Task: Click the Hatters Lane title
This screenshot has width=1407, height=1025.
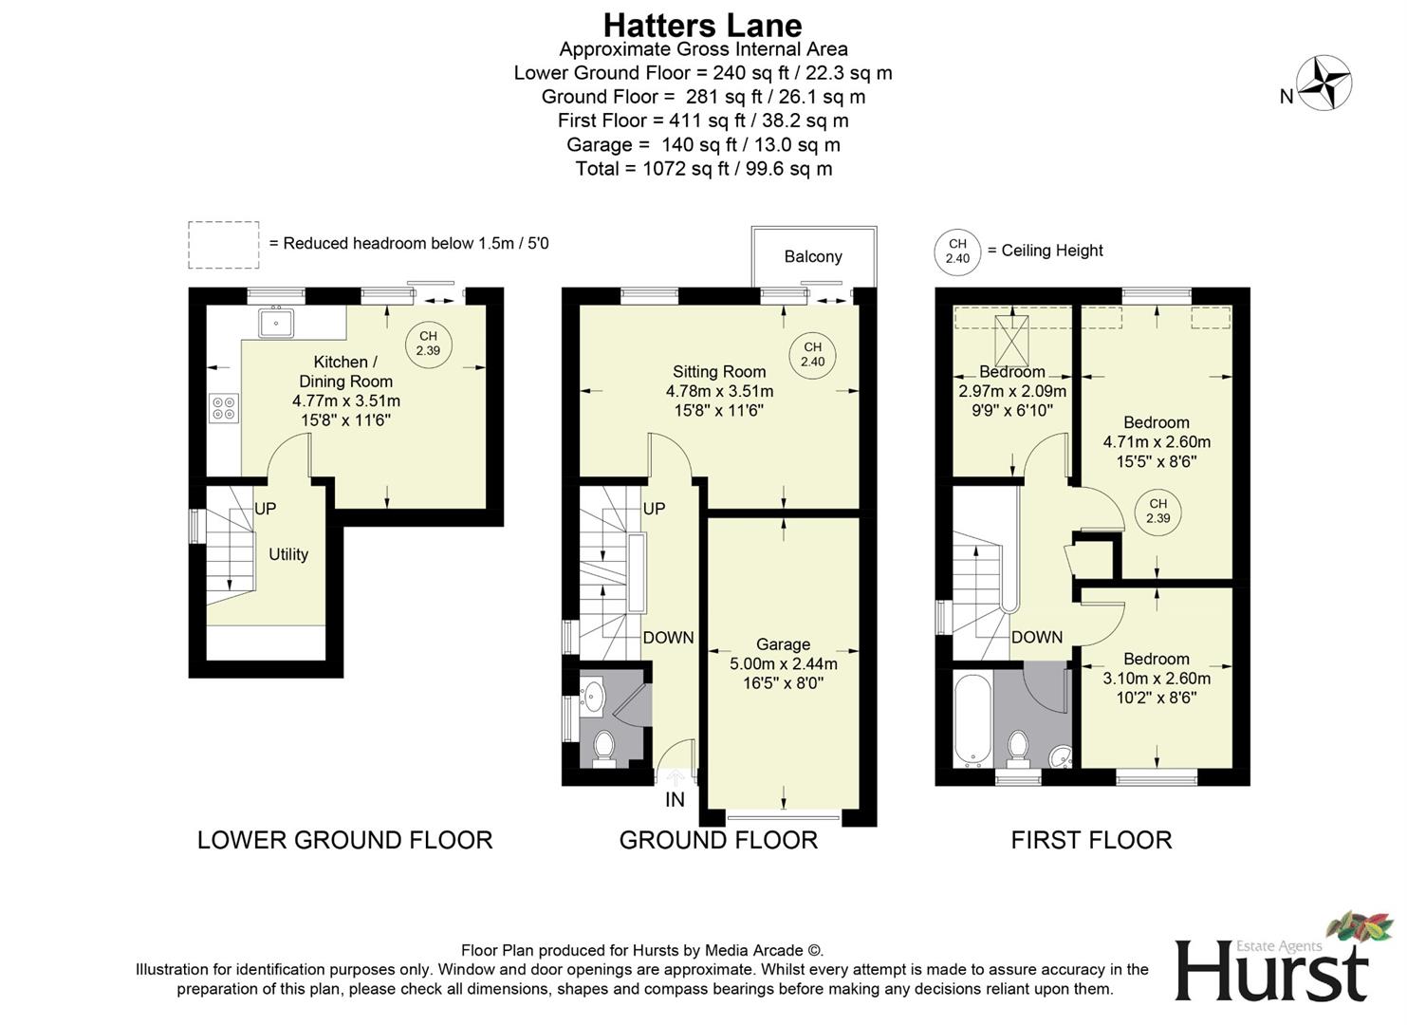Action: click(702, 25)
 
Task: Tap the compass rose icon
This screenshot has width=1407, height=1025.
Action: click(1324, 84)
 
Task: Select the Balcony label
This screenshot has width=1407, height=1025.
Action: click(813, 256)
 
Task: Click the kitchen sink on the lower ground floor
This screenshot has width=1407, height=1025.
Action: click(276, 323)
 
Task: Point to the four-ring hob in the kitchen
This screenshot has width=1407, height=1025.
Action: click(225, 409)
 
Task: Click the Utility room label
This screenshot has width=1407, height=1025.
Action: click(288, 554)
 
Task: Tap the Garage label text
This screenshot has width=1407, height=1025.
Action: click(783, 644)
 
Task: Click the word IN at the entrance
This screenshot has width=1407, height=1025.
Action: click(675, 800)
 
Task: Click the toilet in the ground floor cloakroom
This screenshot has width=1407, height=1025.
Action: click(604, 749)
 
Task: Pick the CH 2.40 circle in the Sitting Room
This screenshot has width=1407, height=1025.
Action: click(812, 354)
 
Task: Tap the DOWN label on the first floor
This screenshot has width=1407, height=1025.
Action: click(1036, 637)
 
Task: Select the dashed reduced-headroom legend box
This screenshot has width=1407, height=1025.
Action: click(224, 245)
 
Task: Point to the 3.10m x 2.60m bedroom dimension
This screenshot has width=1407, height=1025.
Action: click(1157, 679)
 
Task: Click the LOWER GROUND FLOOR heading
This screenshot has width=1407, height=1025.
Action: click(344, 840)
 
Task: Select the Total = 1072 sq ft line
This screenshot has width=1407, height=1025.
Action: click(703, 169)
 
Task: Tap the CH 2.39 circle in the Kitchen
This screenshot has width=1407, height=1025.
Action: click(428, 343)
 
